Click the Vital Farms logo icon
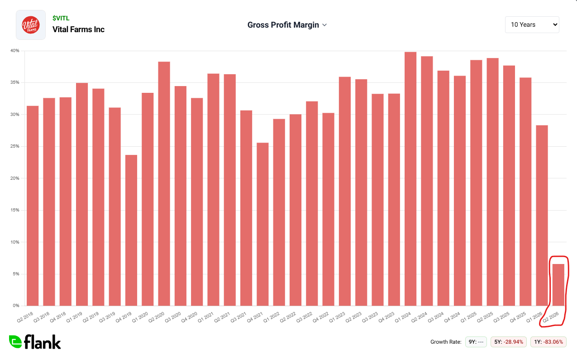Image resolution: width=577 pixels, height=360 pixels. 31,25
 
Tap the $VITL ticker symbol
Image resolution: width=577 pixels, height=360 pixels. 61,18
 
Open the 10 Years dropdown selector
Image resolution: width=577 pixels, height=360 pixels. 532,25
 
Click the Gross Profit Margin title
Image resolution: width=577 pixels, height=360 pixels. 283,25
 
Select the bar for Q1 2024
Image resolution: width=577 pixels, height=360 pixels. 410,179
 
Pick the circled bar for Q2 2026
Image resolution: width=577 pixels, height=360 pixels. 558,285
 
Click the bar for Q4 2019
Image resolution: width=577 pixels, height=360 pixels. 131,230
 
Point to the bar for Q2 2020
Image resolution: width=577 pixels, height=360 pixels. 164,184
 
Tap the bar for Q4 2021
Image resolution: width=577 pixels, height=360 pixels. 262,224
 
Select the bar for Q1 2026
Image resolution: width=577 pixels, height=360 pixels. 542,216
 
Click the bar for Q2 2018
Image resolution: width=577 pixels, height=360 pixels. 33,206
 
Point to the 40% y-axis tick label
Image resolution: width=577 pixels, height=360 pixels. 14,51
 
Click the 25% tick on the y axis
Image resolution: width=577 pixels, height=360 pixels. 14,146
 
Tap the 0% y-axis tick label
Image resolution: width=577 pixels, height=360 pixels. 16,306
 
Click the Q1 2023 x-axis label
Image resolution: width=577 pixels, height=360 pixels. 337,317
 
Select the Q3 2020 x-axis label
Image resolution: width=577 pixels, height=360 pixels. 172,317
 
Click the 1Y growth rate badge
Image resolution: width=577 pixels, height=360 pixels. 548,342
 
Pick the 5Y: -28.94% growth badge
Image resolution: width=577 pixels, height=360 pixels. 509,342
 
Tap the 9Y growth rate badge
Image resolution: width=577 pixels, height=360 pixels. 476,342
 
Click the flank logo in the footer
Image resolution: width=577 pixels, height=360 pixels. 35,342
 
